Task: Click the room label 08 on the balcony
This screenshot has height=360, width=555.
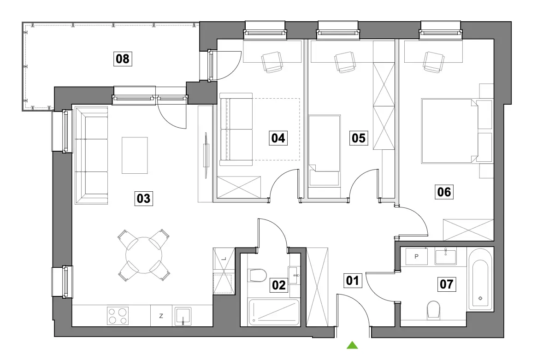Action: pos(123,59)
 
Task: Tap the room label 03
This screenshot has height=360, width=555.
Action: pos(144,199)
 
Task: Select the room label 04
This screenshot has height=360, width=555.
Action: pos(278,138)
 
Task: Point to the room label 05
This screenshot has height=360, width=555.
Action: pos(359,138)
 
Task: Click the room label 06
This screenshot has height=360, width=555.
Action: pos(444,192)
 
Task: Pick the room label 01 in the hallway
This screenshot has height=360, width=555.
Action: pos(353,281)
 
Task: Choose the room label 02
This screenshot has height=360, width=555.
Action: pos(279,285)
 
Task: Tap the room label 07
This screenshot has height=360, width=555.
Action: pos(447,284)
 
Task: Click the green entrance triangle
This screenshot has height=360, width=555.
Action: pos(352,345)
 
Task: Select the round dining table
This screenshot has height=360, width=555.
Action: pos(144,255)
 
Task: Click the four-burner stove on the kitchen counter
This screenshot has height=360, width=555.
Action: pos(118,316)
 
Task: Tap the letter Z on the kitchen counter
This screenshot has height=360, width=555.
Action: pos(161,316)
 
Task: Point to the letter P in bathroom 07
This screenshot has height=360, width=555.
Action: pos(417,256)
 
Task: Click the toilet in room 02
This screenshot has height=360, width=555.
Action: pos(258,275)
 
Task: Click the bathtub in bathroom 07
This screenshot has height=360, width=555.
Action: pos(480,279)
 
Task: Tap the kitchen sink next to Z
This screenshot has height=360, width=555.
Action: pos(183,316)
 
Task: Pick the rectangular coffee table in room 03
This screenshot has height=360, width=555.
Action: pos(135,155)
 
